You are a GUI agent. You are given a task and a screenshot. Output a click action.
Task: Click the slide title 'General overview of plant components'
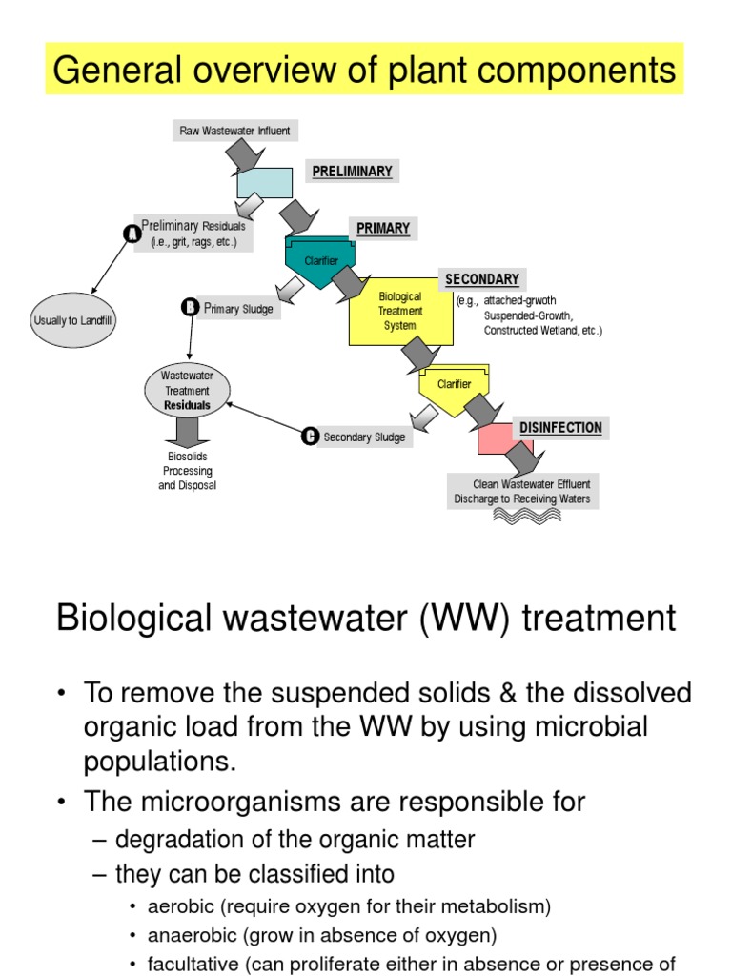(x=365, y=71)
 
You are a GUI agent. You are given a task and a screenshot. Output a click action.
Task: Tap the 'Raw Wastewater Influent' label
(x=234, y=130)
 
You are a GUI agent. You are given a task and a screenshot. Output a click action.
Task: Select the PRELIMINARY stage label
(x=352, y=172)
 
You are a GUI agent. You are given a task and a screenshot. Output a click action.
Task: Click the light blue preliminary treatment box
(x=264, y=182)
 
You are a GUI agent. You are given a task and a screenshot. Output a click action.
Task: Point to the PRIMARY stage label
(x=382, y=228)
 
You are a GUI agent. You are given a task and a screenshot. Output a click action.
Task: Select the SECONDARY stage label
(x=482, y=279)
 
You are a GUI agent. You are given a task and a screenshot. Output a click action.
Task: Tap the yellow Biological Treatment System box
(x=399, y=311)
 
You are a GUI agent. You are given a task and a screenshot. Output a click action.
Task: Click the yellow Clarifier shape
(x=454, y=384)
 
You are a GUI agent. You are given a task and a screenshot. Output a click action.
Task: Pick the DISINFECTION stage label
(x=560, y=428)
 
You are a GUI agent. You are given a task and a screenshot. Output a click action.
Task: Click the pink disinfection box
(x=500, y=439)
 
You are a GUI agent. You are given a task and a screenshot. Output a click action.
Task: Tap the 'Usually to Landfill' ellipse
(x=73, y=320)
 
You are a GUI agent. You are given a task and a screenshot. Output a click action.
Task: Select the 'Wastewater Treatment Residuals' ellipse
(x=187, y=391)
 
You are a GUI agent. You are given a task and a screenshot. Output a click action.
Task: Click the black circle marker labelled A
(x=132, y=234)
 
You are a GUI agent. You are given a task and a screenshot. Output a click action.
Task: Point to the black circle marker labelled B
(x=190, y=307)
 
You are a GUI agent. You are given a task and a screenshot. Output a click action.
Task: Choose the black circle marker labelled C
(x=310, y=437)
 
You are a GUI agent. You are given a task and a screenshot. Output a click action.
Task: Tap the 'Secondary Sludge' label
(x=363, y=437)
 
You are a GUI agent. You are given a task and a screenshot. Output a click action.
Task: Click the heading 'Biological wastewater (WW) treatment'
(x=365, y=618)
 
